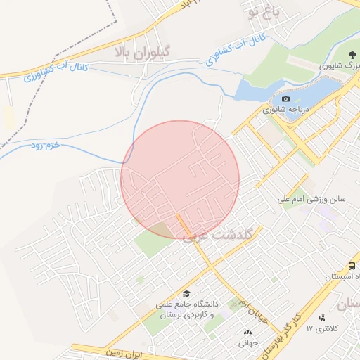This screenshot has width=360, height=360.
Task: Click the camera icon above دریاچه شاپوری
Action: pos(285,98)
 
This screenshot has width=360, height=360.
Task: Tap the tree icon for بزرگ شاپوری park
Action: pos(349,54)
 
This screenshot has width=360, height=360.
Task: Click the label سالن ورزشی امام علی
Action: pos(313,200)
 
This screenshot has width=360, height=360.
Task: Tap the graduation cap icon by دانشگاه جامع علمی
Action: pos(186,293)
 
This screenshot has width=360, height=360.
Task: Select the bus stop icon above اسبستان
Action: pos(352,266)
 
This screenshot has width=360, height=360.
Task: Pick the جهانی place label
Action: pos(247,343)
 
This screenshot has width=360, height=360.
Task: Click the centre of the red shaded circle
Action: pos(180,179)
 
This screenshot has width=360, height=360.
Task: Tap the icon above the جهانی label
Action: pos(247,333)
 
